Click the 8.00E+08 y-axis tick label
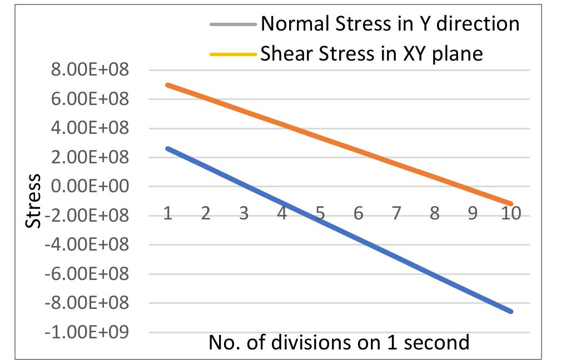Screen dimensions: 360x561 97,71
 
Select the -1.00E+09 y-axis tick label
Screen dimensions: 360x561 97,332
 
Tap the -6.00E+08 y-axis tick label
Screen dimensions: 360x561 97,274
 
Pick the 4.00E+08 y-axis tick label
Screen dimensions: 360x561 97,128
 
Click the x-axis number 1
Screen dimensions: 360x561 167,214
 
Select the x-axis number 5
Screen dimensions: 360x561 320,214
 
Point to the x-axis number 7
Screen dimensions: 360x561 396,214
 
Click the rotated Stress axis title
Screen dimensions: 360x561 34,201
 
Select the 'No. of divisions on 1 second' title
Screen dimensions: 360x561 339,342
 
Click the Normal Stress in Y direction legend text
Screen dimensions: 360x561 390,24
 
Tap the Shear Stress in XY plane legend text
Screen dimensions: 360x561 371,53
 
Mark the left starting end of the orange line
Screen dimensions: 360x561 167,85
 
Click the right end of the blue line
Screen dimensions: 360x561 511,311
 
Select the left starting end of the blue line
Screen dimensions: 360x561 167,148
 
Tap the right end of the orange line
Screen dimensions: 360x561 511,204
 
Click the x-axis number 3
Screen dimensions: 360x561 244,214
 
